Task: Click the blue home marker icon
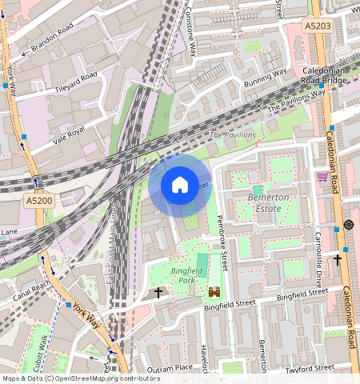[180, 186]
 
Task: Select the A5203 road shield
[318, 26]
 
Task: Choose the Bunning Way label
[265, 77]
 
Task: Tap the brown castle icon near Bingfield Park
[214, 293]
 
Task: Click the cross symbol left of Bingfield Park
[158, 294]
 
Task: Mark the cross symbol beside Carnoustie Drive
[338, 259]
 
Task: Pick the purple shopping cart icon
[322, 177]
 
